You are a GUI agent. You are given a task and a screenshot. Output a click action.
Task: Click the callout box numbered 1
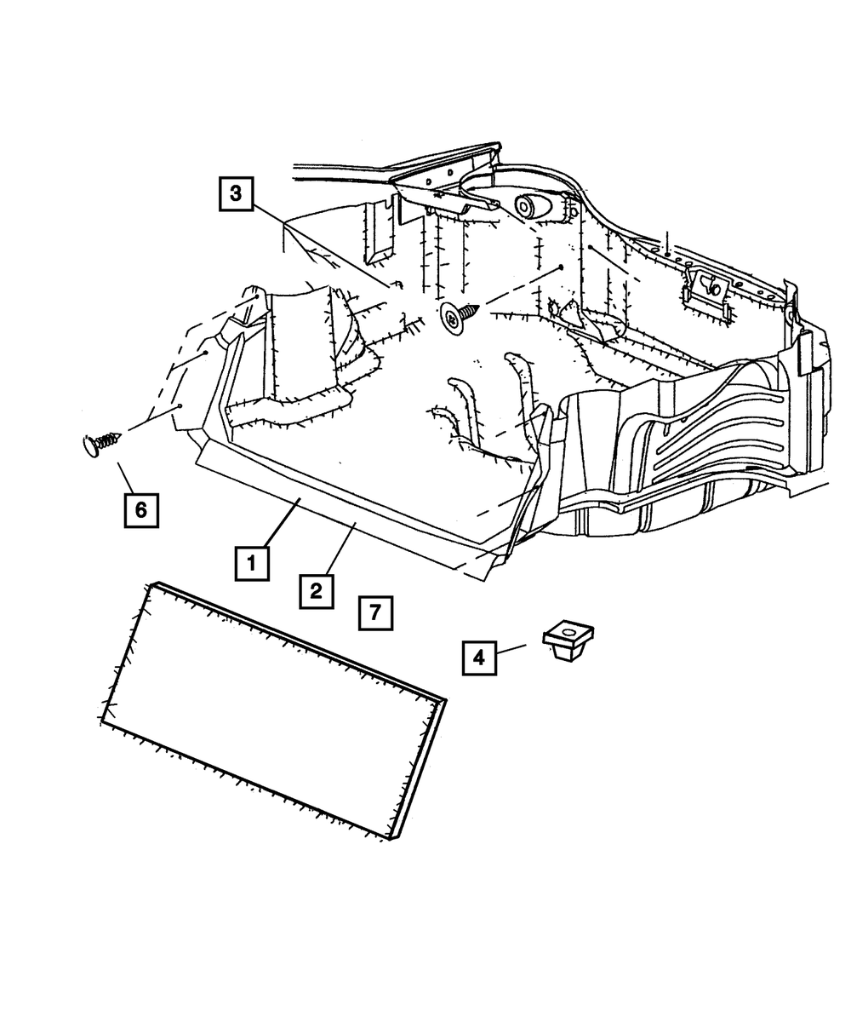point(252,563)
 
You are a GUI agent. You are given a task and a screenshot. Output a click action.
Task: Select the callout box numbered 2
point(315,590)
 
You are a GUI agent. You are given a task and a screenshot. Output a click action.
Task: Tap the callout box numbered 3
point(236,193)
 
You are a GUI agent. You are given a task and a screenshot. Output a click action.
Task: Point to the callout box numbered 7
point(376,612)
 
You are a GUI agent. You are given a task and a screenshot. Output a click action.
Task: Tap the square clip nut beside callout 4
point(568,642)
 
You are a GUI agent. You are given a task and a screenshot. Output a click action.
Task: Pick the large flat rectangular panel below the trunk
point(272,707)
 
